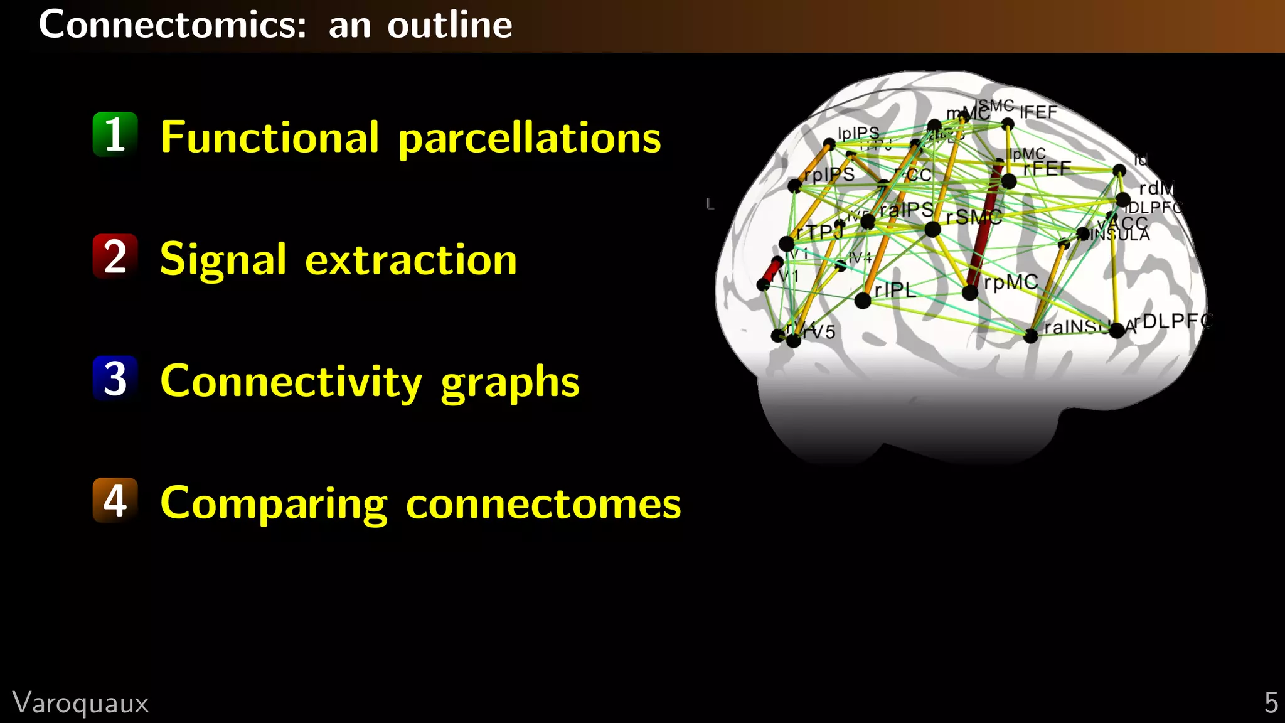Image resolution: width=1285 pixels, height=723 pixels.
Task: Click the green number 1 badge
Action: click(x=115, y=134)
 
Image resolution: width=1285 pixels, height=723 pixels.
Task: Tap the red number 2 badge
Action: click(x=115, y=256)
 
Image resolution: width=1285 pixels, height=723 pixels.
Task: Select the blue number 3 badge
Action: click(x=115, y=378)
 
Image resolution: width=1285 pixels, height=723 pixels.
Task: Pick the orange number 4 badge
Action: click(x=115, y=500)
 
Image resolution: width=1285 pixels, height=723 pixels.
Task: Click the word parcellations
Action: click(x=530, y=138)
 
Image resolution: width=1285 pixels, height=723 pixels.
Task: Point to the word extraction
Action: click(x=411, y=260)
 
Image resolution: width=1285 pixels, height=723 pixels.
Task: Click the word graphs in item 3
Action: click(x=510, y=383)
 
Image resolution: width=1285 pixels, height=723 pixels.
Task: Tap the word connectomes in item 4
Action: click(x=543, y=503)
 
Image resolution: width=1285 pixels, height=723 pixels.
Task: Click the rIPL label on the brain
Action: click(x=895, y=290)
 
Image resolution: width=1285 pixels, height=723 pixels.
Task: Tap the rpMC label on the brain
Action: click(x=1011, y=282)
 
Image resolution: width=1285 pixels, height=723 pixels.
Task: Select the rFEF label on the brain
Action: click(x=1047, y=169)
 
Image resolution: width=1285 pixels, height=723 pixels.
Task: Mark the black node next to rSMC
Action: click(x=933, y=230)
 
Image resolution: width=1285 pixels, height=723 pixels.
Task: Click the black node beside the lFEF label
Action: click(x=1008, y=124)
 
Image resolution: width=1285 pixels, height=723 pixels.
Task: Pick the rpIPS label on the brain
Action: click(x=829, y=174)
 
